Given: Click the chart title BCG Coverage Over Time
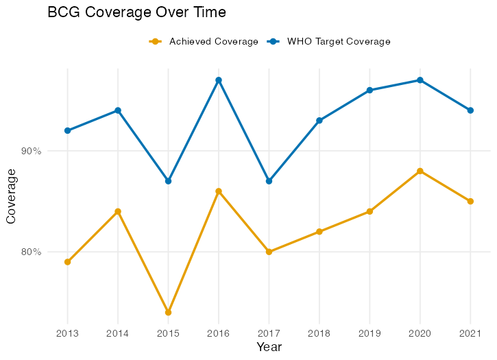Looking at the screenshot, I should (x=136, y=12).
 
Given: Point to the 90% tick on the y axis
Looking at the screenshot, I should (x=32, y=151).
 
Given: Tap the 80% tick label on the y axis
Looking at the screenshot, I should (x=32, y=252).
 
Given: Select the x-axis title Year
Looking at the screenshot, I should (x=269, y=347).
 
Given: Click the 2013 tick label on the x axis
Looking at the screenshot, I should (x=67, y=333).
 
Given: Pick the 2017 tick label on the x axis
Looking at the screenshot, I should (x=269, y=333).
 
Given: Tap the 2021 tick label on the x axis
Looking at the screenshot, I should (x=470, y=333).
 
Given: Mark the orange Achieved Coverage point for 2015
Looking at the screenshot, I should (x=168, y=313).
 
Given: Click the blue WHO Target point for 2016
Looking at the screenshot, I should (x=219, y=80).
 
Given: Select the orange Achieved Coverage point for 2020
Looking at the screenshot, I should (x=420, y=171).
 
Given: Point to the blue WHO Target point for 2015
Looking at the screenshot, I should (x=168, y=181).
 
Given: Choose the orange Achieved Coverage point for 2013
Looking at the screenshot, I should (x=67, y=262).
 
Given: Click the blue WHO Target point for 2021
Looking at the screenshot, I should (x=470, y=110).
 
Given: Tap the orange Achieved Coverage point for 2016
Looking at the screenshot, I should (x=219, y=191).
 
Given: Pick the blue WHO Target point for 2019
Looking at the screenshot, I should (x=369, y=91).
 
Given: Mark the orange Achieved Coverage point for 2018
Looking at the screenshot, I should (x=319, y=232).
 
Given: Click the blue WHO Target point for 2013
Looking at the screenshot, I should (x=67, y=130).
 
